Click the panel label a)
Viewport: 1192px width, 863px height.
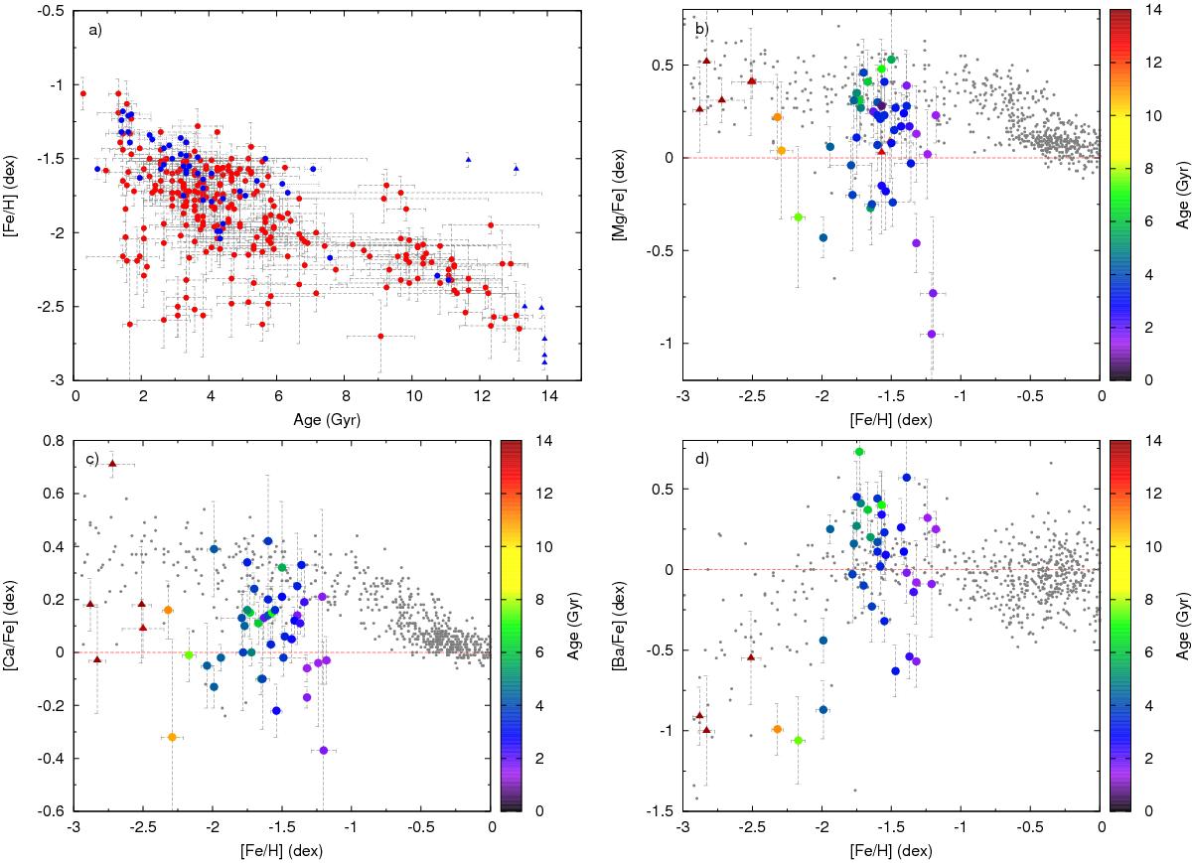[94, 30]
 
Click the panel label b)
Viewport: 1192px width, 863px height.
[700, 30]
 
